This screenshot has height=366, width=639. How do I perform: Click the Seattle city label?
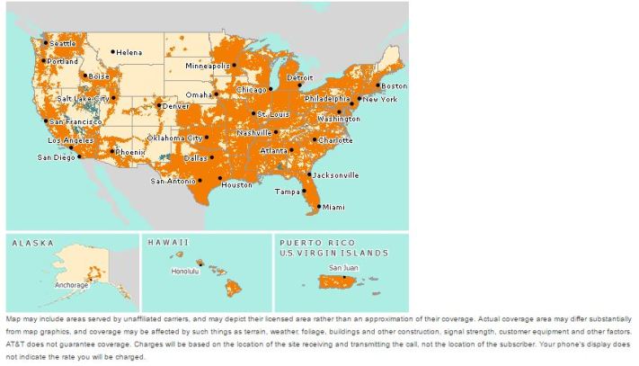pos(64,43)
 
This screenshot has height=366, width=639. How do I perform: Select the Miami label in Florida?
pos(333,207)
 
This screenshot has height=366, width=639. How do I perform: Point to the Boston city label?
pos(395,85)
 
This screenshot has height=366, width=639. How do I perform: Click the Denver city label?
pos(176,106)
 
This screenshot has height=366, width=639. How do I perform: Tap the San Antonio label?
pos(172,181)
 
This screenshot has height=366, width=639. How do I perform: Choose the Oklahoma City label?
pos(174,138)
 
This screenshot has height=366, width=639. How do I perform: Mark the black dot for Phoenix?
pos(112,151)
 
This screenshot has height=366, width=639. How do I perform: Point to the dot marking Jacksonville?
pos(309,174)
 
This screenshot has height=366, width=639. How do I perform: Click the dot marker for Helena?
pos(113,51)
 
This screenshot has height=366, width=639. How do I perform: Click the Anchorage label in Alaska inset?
pos(72,285)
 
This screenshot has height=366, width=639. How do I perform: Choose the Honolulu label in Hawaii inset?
pos(184,271)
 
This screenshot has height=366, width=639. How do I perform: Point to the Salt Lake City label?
pos(83,98)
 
